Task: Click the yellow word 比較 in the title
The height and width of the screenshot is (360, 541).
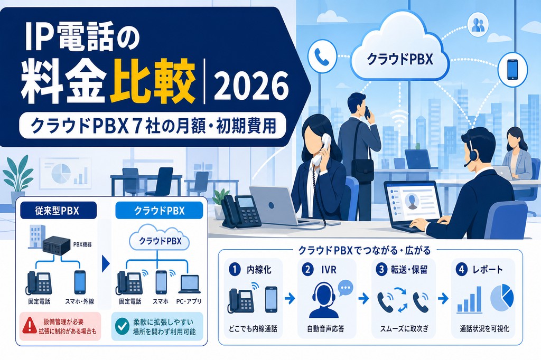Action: click(152, 82)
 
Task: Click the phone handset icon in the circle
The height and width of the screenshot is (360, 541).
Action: click(322, 56)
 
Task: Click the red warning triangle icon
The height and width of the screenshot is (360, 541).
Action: click(30, 326)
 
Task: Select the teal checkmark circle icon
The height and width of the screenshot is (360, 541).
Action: click(122, 326)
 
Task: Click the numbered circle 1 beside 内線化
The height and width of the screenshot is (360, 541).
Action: click(235, 269)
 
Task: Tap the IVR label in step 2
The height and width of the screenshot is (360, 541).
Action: click(329, 269)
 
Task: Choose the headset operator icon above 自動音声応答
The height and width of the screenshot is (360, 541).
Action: click(324, 300)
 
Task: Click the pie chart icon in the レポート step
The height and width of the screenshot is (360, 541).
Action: click(502, 297)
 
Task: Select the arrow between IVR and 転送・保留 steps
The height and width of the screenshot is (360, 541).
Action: click(363, 298)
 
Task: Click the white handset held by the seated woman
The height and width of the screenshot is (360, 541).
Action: click(322, 149)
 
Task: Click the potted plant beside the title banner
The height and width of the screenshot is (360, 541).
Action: click(18, 180)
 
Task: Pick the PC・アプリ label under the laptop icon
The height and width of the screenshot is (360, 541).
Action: click(189, 301)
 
